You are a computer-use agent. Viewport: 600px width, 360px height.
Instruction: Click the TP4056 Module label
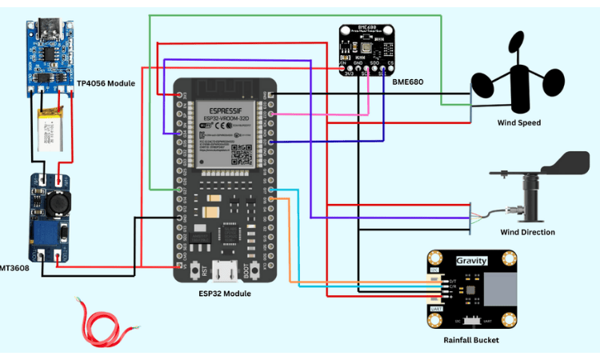(106, 83)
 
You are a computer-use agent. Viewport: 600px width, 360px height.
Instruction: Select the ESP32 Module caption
(226, 294)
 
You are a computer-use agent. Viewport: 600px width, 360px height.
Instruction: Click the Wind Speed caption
(519, 123)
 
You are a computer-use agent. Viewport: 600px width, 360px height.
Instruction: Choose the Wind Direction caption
(527, 233)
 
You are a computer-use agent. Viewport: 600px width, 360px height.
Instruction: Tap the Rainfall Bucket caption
(471, 340)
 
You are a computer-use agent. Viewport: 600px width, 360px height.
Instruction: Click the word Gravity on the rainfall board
(471, 262)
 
